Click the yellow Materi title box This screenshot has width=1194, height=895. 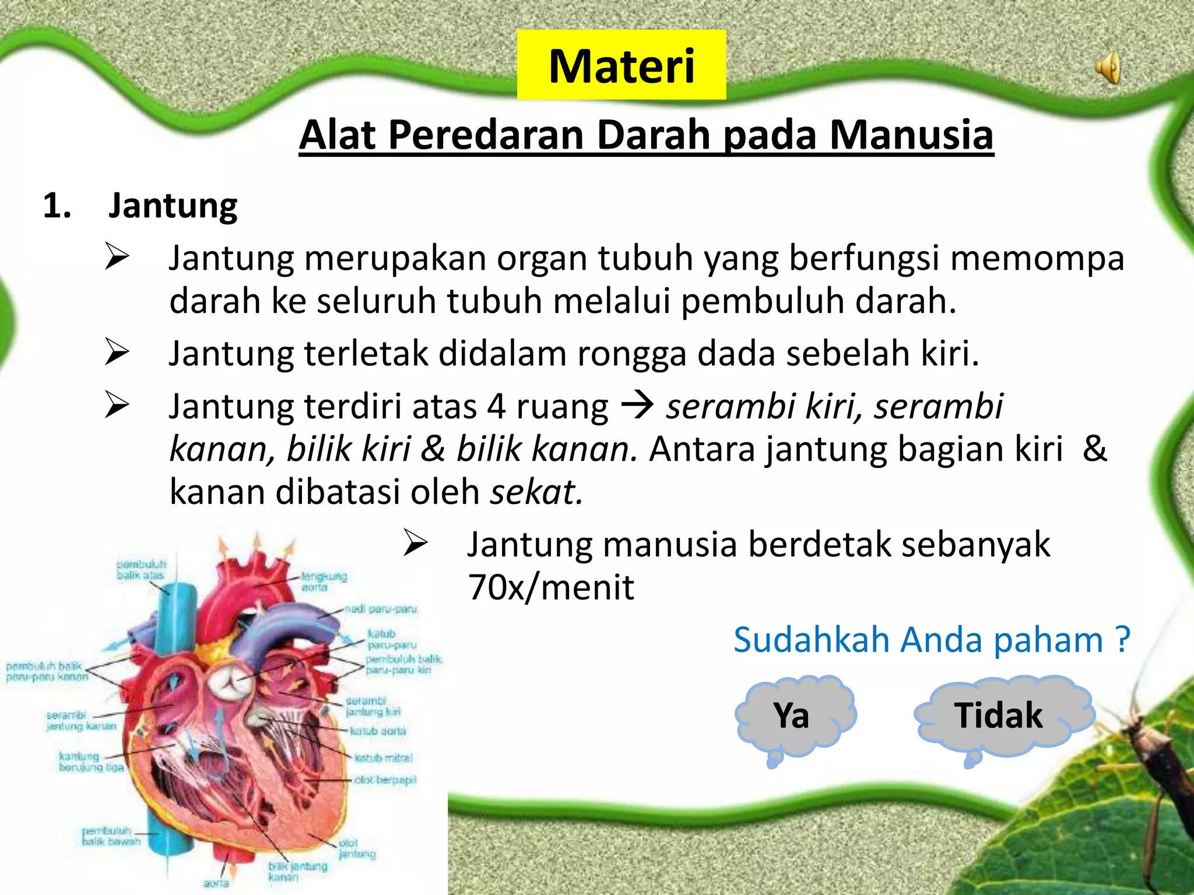(x=621, y=65)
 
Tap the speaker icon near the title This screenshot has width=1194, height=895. (x=1108, y=68)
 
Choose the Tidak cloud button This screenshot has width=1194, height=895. (x=998, y=716)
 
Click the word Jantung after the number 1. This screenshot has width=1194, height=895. (x=173, y=206)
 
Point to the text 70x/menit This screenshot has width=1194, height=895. (x=551, y=587)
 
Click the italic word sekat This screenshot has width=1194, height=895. (x=536, y=492)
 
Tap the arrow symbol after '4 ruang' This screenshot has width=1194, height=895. (x=637, y=406)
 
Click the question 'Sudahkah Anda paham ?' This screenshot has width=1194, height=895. (x=931, y=640)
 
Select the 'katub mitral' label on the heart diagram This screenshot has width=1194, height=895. (x=384, y=758)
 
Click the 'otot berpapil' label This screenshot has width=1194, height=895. (x=385, y=780)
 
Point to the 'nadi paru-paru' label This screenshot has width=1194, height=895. (x=381, y=609)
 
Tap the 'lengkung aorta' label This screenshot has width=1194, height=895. (x=323, y=582)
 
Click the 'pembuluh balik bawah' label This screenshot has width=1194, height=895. (x=111, y=836)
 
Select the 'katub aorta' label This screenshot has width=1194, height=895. (x=378, y=731)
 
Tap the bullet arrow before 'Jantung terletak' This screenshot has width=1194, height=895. (x=117, y=353)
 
